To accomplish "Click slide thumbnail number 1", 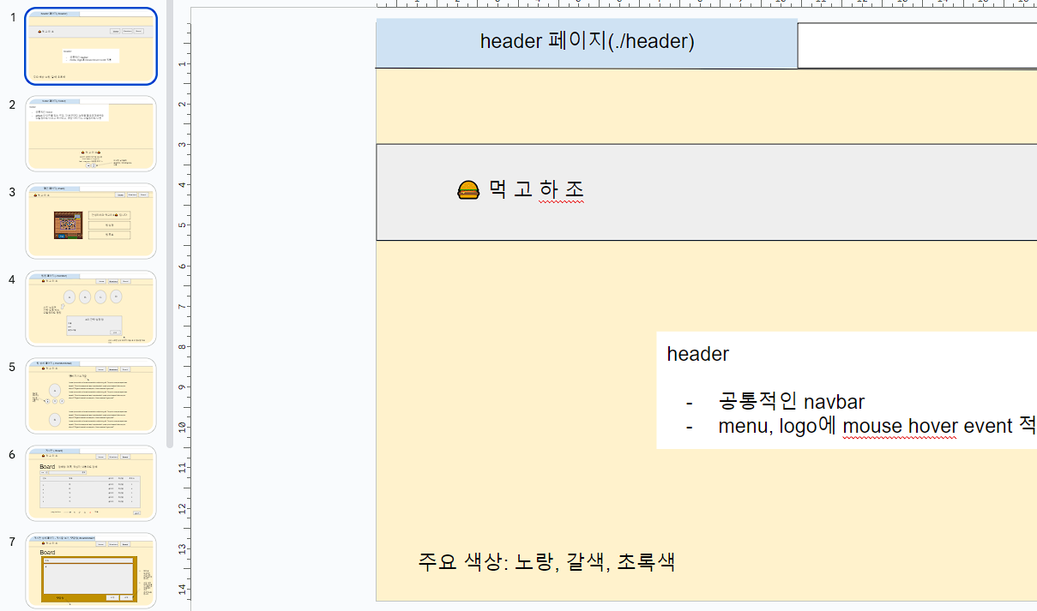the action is click(91, 47).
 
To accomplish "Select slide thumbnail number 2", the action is click(91, 134).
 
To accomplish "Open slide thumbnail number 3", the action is click(91, 221).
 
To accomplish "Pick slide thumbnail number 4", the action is click(91, 308).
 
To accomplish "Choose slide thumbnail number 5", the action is click(91, 396).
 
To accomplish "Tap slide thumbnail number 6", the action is click(91, 483).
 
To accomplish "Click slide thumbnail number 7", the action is click(91, 571).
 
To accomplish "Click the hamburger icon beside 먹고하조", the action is click(468, 190).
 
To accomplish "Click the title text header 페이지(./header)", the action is click(587, 41).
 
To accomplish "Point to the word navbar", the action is click(834, 402).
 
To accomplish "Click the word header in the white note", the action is click(698, 354).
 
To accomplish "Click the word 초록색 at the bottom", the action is click(646, 562).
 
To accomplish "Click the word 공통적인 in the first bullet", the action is click(758, 402).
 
